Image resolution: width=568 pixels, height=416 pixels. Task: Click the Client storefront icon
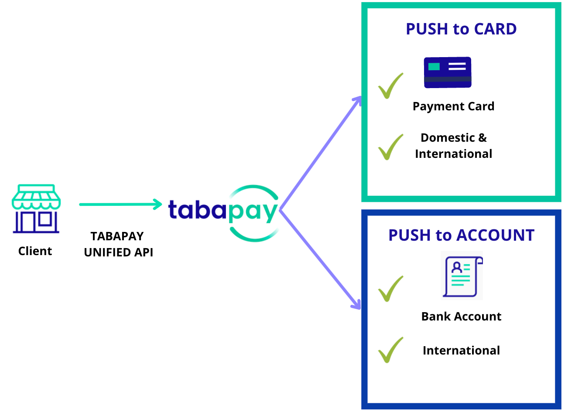pyautogui.click(x=36, y=208)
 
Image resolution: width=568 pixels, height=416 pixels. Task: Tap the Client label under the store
pyautogui.click(x=35, y=251)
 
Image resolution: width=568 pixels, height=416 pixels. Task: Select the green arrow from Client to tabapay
pyautogui.click(x=120, y=204)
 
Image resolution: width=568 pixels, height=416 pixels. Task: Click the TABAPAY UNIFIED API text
pyautogui.click(x=118, y=244)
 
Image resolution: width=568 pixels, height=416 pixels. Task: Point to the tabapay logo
pyautogui.click(x=223, y=212)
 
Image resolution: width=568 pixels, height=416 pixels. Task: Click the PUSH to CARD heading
pyautogui.click(x=461, y=29)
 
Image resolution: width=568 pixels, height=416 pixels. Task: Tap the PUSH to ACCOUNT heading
pyautogui.click(x=461, y=235)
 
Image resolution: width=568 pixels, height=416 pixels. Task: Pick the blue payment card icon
pyautogui.click(x=448, y=72)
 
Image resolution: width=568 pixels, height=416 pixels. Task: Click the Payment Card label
pyautogui.click(x=453, y=106)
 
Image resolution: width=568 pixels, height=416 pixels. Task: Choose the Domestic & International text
pyautogui.click(x=453, y=146)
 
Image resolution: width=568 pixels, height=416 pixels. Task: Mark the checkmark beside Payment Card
pyautogui.click(x=390, y=86)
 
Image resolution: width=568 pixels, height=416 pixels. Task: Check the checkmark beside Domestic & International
pyautogui.click(x=390, y=147)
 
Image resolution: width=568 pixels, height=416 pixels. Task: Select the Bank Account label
pyautogui.click(x=461, y=317)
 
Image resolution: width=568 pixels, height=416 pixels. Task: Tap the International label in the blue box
pyautogui.click(x=461, y=351)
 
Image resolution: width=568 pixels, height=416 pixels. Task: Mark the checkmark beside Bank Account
pyautogui.click(x=390, y=289)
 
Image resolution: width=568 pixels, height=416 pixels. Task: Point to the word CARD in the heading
pyautogui.click(x=495, y=29)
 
